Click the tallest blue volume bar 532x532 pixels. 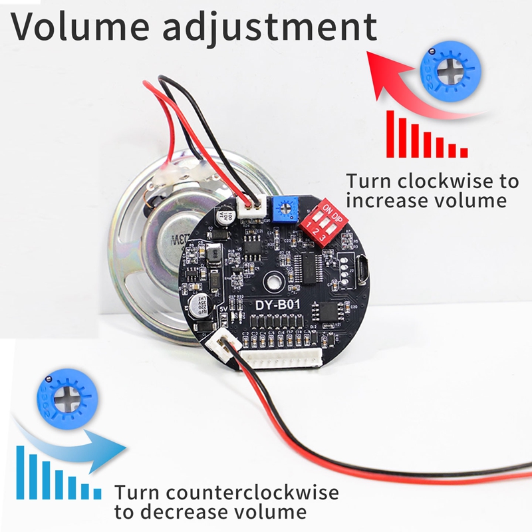[20, 472]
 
